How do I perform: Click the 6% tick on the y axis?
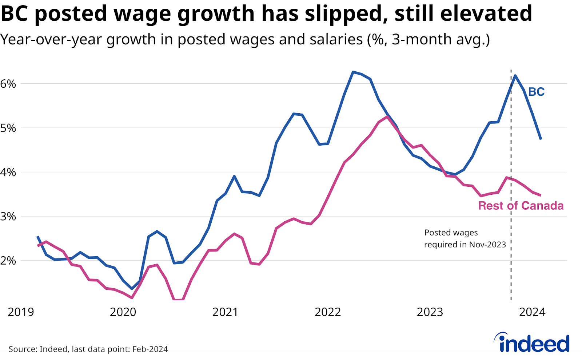point(8,84)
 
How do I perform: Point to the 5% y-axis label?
point(8,128)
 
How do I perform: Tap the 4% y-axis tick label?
point(8,172)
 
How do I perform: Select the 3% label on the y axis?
point(8,217)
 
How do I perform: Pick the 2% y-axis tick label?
point(8,261)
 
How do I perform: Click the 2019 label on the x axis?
point(21,312)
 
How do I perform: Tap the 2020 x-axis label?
point(123,312)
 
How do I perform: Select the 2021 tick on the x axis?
point(225,312)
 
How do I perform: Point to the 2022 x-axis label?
point(328,312)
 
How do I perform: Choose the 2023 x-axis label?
point(430,312)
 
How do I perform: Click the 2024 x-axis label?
point(532,312)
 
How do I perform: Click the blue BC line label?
point(536,92)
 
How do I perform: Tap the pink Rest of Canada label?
point(521,206)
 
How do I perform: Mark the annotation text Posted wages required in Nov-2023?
point(465,238)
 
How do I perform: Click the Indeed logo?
point(532,343)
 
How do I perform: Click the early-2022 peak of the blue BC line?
point(352,72)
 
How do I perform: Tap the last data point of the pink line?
point(541,195)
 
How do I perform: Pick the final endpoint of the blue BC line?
point(541,139)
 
